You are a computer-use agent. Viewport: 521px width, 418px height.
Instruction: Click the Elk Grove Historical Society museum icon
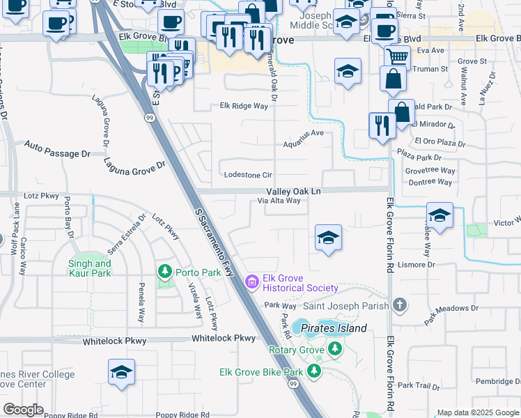[x=252, y=282]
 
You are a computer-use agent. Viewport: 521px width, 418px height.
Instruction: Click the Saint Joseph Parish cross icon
[x=399, y=304]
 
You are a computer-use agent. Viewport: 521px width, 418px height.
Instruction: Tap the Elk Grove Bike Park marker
[x=314, y=372]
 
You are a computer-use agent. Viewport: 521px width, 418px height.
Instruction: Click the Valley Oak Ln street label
[x=293, y=191]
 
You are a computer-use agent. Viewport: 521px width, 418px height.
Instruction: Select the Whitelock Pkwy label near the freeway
[x=224, y=338]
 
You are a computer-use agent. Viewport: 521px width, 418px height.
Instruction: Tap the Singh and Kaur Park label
[x=90, y=268]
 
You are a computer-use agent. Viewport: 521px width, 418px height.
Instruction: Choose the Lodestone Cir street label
[x=246, y=175]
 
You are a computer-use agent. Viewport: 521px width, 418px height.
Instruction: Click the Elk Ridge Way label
[x=244, y=106]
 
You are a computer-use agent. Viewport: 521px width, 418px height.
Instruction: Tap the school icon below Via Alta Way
[x=328, y=237]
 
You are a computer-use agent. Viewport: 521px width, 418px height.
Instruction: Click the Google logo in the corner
[x=22, y=410]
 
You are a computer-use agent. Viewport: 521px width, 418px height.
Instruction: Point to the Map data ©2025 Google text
[x=477, y=412]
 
